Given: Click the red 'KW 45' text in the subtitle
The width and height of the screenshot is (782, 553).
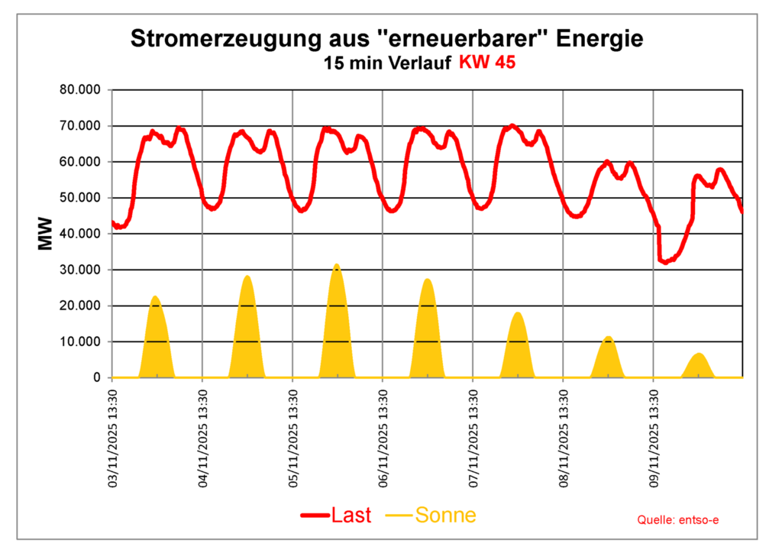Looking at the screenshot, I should point(486,63).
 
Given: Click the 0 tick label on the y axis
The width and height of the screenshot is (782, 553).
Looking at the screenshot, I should point(96,377).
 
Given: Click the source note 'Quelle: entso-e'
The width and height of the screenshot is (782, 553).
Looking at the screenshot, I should point(678,520).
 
